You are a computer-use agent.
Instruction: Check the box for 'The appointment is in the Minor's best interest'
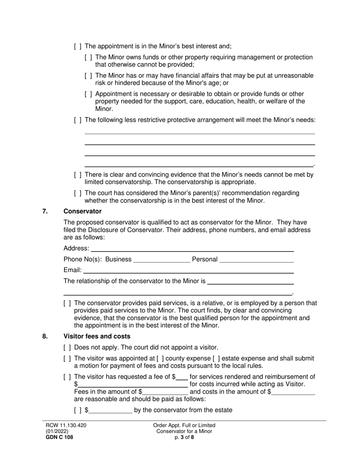point(77,46)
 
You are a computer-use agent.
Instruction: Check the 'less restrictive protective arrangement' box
point(77,120)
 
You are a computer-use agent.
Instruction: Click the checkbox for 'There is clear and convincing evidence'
point(77,175)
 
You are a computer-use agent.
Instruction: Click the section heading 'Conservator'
point(82,211)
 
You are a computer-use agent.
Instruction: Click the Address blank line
point(192,249)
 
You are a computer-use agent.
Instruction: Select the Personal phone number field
point(257,260)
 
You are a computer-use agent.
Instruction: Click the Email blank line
point(188,270)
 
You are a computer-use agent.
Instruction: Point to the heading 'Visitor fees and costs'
point(97,336)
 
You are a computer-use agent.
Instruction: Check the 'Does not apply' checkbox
point(67,347)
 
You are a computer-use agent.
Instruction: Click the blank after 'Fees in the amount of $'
point(165,392)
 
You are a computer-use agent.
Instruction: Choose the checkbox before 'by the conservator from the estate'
point(78,410)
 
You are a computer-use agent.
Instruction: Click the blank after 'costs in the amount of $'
point(293,392)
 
